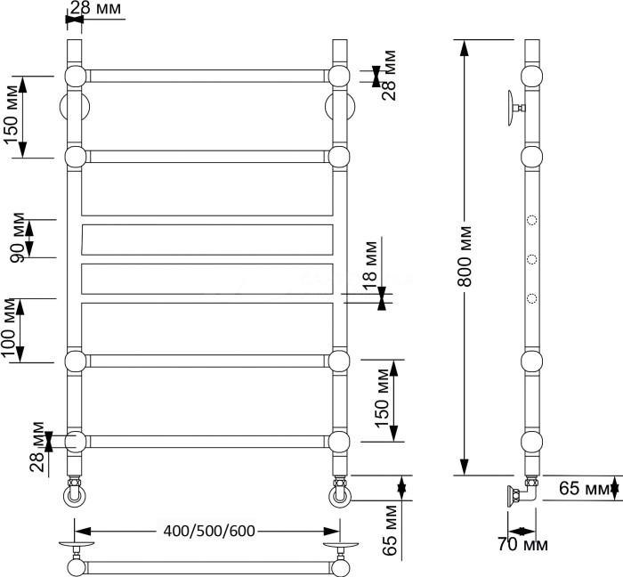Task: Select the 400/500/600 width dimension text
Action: [210, 532]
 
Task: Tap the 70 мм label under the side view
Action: [522, 544]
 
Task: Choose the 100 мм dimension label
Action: [12, 330]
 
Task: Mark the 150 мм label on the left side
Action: [12, 116]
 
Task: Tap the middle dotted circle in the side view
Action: [532, 259]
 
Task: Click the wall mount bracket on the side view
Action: [513, 107]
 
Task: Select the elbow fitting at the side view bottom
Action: [528, 492]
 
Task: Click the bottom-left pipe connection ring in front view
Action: [74, 492]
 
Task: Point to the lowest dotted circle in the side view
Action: [532, 297]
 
